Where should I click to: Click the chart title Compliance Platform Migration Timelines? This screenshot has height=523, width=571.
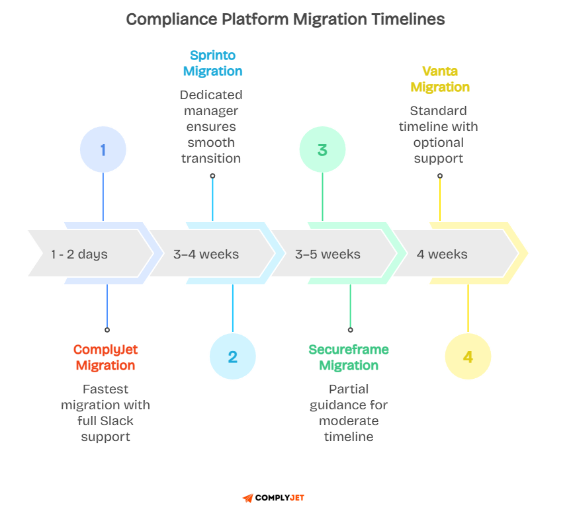(x=285, y=19)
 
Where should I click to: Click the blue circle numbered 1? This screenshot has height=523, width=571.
(x=103, y=150)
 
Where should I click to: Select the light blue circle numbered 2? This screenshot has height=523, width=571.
(x=232, y=357)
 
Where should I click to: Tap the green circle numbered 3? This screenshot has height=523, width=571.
(x=322, y=150)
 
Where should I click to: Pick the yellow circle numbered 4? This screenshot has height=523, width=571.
(x=468, y=357)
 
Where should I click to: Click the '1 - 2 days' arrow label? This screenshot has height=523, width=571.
(x=79, y=254)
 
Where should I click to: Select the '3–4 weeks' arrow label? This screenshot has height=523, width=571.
(x=206, y=254)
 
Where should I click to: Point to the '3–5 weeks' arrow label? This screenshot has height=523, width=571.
(x=328, y=254)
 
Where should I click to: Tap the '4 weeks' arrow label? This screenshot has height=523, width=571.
(x=442, y=254)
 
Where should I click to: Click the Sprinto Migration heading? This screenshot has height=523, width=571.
(x=212, y=63)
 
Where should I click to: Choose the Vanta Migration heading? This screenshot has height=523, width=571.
(x=440, y=79)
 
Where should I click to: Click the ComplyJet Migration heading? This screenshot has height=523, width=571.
(x=106, y=358)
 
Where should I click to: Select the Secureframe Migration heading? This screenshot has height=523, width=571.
(x=349, y=358)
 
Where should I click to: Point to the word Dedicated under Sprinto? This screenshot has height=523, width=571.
(x=211, y=95)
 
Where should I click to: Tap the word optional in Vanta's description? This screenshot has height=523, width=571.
(x=439, y=143)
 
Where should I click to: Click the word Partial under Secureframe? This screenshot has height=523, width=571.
(x=349, y=389)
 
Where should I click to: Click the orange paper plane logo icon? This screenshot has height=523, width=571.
(x=247, y=498)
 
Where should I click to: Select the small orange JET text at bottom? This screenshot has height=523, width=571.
(x=297, y=498)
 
